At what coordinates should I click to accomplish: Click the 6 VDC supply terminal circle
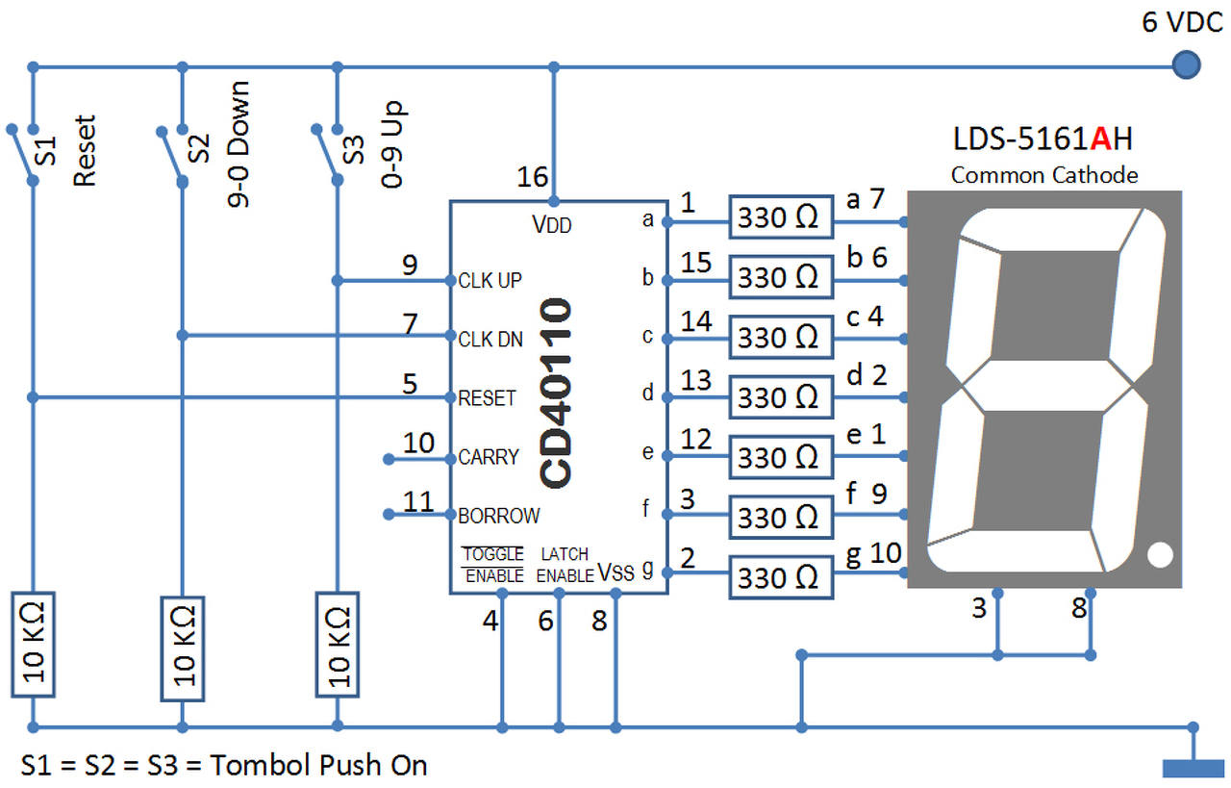(x=1187, y=65)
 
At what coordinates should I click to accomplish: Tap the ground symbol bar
(x=1193, y=768)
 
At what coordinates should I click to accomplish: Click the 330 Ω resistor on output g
(x=780, y=577)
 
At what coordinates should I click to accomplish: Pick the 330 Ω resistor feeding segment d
(x=780, y=396)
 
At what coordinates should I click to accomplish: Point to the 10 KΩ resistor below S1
(x=33, y=644)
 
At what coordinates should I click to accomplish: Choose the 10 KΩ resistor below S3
(x=338, y=644)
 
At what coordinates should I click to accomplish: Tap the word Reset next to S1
(x=85, y=151)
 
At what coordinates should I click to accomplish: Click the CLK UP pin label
(x=490, y=281)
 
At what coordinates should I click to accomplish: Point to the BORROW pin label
(x=499, y=516)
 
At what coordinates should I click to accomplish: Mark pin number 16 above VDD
(x=532, y=177)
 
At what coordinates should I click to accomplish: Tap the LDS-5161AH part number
(x=1043, y=140)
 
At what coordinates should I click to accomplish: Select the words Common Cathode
(x=1044, y=175)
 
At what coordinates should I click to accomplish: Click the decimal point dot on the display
(x=1160, y=555)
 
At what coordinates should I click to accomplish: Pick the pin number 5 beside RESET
(x=411, y=384)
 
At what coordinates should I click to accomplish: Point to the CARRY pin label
(x=489, y=457)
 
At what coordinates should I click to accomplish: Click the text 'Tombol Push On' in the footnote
(x=318, y=766)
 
